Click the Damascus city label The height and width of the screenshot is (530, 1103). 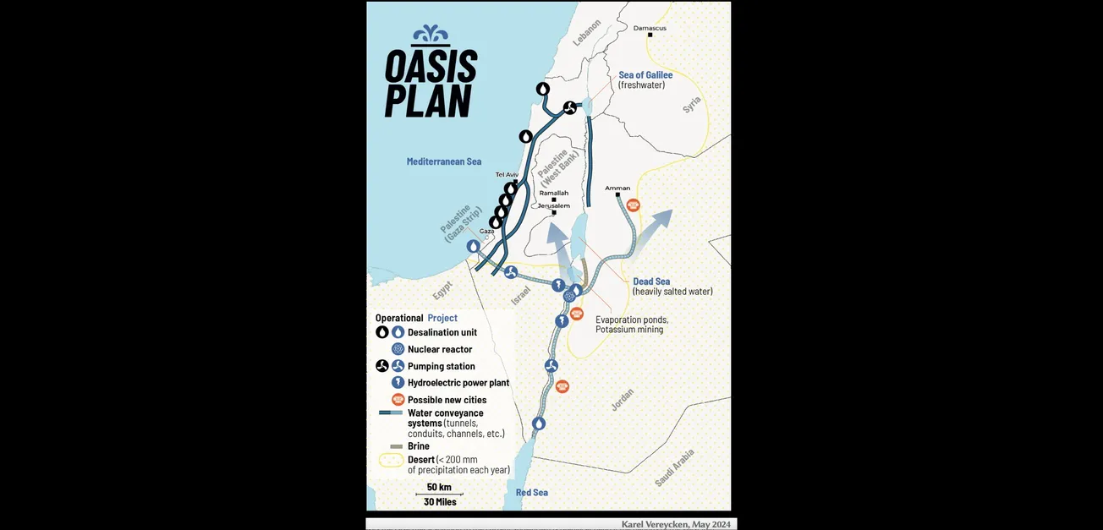tap(650, 28)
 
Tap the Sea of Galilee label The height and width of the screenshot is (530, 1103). tap(645, 75)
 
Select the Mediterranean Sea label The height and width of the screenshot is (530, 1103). tap(443, 161)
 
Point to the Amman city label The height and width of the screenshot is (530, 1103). tap(617, 188)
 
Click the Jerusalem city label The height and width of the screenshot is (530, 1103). tap(554, 205)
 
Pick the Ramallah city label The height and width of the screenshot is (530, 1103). tap(554, 193)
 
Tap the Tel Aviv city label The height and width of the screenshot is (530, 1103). tap(507, 174)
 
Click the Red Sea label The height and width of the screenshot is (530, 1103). tap(532, 493)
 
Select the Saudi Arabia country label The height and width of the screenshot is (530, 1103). tap(675, 467)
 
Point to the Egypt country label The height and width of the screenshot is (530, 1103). tap(442, 291)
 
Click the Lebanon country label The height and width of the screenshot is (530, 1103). tap(586, 33)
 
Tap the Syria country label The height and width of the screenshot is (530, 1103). tap(692, 105)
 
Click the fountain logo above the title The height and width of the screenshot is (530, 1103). tap(431, 35)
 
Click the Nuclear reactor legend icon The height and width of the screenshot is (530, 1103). tap(398, 349)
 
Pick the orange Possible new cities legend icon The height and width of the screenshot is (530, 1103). tap(398, 400)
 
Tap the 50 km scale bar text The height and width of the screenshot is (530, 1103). tap(439, 487)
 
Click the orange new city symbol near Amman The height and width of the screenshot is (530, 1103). tap(633, 205)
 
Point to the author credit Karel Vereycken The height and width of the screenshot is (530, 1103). tap(675, 524)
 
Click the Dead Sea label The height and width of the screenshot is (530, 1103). tap(651, 281)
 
